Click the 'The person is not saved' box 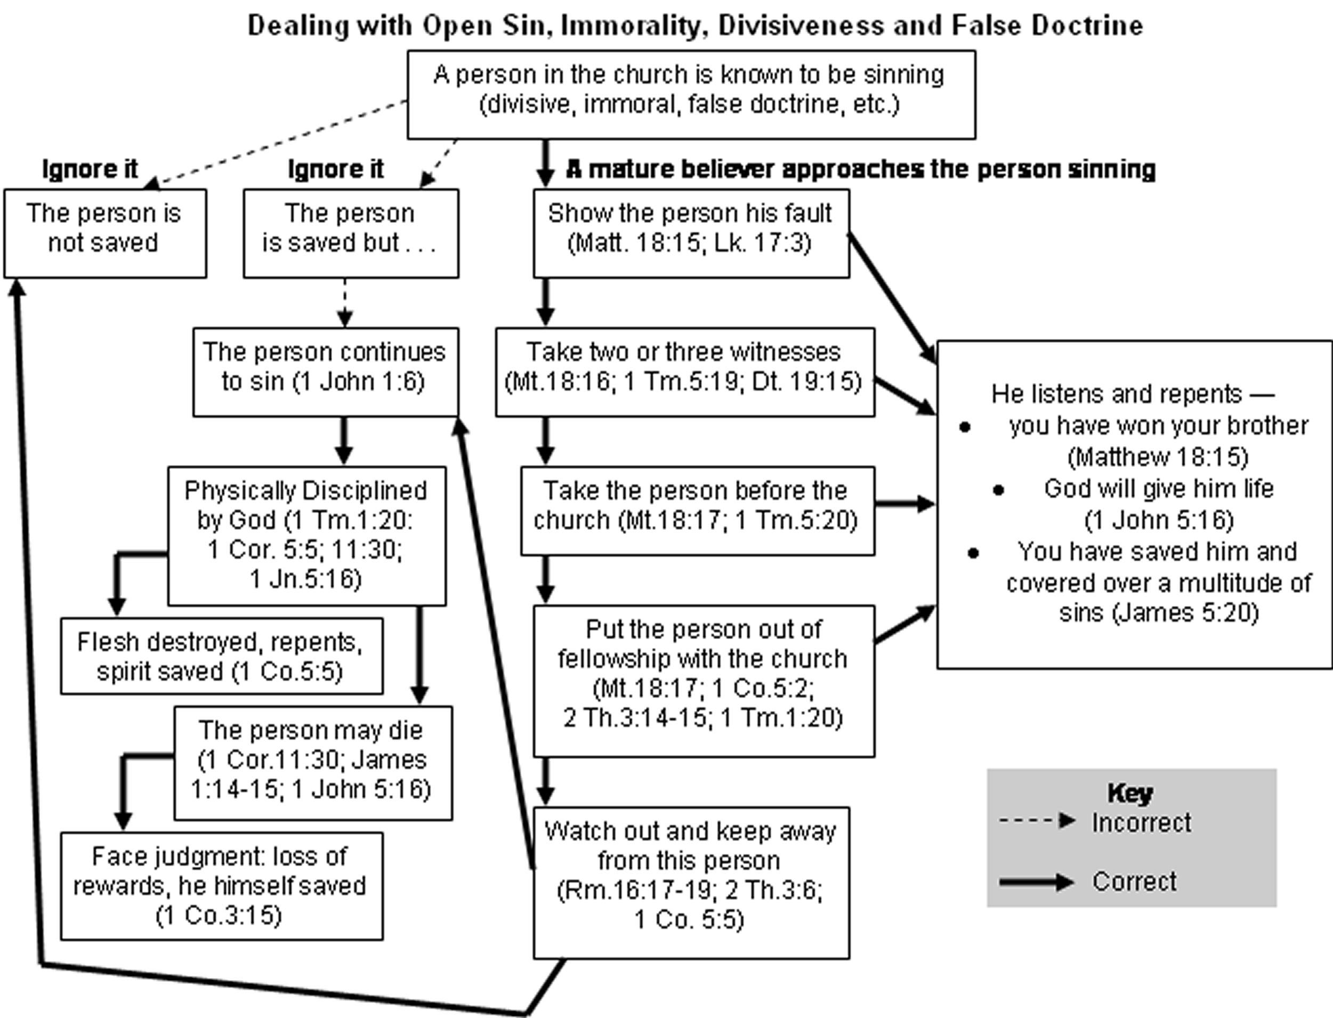tap(105, 233)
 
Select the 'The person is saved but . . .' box tap(351, 233)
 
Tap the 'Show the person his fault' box tap(691, 233)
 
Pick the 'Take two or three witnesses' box tap(685, 372)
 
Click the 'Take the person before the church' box tap(697, 510)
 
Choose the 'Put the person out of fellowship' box tap(704, 681)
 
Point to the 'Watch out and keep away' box tap(691, 882)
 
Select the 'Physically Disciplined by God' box tap(306, 536)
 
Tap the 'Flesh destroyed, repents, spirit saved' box tap(221, 656)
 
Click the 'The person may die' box tap(313, 763)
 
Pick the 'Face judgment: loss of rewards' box tap(221, 886)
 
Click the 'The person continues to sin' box tap(325, 372)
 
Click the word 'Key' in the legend tap(1130, 793)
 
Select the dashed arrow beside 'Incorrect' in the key tap(1036, 822)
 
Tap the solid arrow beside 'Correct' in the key tap(1036, 882)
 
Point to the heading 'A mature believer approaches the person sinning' tap(860, 169)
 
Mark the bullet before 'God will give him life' tap(998, 490)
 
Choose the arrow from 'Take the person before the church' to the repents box tap(904, 504)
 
